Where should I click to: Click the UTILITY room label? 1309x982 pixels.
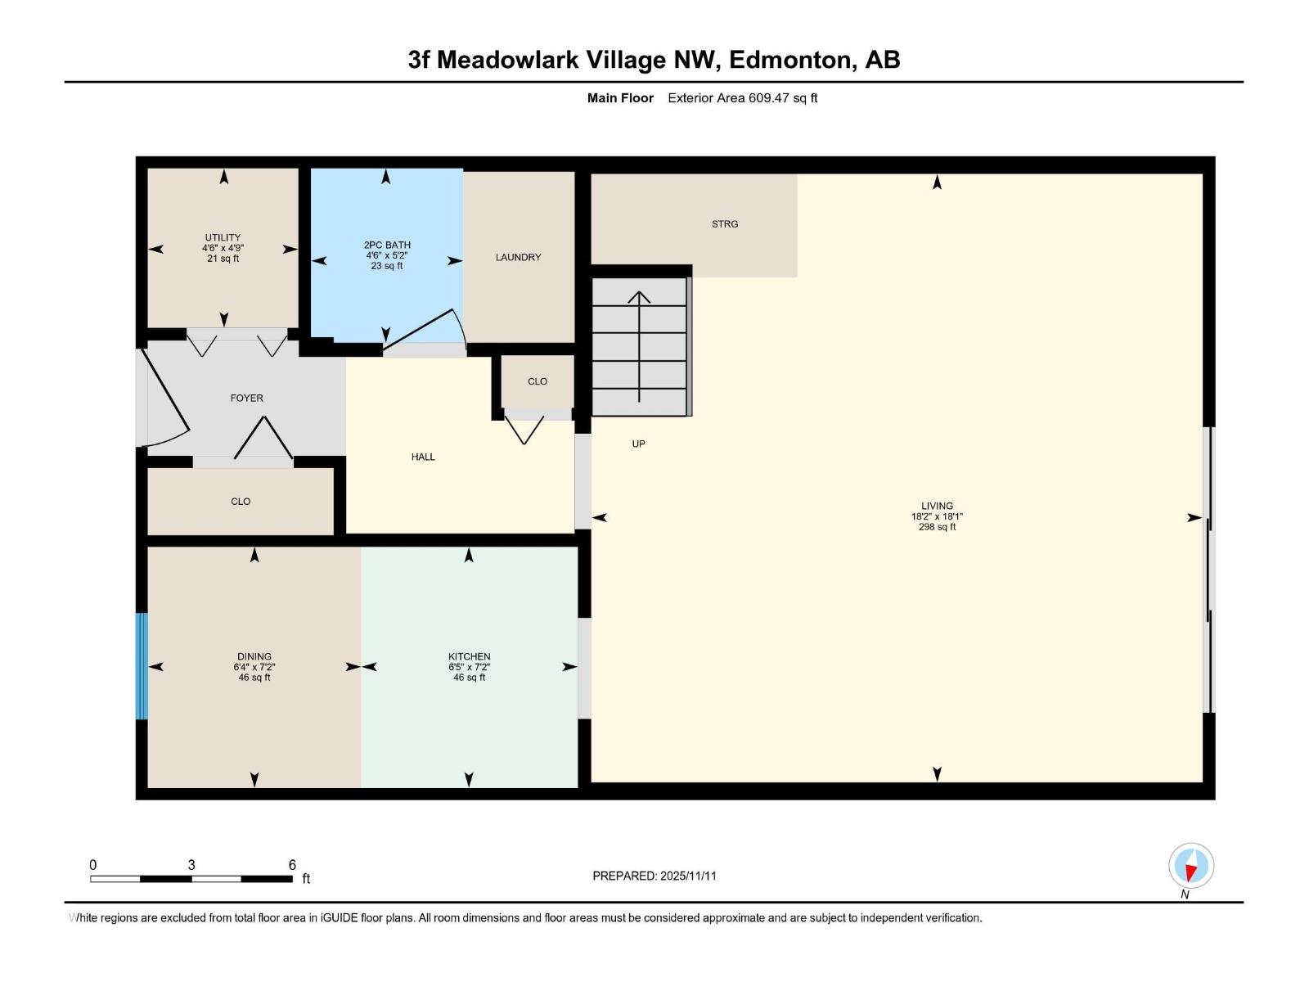[223, 238]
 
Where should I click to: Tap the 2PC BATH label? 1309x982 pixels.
[387, 245]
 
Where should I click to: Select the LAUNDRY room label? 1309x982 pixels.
[518, 257]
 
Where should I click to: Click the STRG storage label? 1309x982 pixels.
[724, 223]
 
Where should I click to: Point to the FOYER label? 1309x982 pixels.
[246, 398]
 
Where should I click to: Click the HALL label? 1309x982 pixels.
[423, 457]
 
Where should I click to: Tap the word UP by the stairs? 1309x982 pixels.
[638, 444]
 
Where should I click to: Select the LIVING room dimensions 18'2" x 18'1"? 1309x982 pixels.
[937, 516]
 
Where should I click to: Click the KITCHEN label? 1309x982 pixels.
[469, 656]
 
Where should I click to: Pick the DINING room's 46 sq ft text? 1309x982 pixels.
[254, 678]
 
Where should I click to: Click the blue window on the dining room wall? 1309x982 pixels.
[142, 665]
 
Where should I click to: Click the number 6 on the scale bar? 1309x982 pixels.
[292, 865]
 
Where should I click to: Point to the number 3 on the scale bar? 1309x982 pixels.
[191, 865]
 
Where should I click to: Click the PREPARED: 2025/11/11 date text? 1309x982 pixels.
[654, 876]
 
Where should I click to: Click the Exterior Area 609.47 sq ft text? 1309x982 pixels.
[742, 98]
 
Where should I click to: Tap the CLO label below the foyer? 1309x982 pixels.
[241, 502]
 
